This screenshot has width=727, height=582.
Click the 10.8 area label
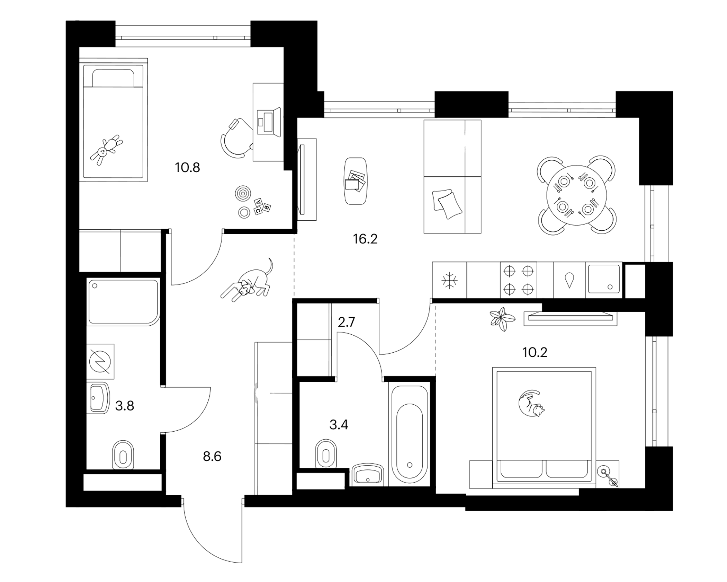tap(188, 168)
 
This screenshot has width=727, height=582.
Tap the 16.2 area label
tap(365, 239)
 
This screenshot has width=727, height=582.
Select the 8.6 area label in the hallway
tap(212, 457)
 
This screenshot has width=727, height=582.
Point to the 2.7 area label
tap(347, 323)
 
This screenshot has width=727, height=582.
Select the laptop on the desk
tap(269, 122)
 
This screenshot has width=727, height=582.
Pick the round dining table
tap(577, 195)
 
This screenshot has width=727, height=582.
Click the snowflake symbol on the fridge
tap(450, 280)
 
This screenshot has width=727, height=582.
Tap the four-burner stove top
tap(519, 280)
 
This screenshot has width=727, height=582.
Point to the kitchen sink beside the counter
tap(604, 280)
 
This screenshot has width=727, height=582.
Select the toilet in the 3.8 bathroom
tap(123, 455)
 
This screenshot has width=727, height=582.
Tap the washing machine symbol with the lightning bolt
tap(100, 361)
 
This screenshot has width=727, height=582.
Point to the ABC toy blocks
tap(262, 206)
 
